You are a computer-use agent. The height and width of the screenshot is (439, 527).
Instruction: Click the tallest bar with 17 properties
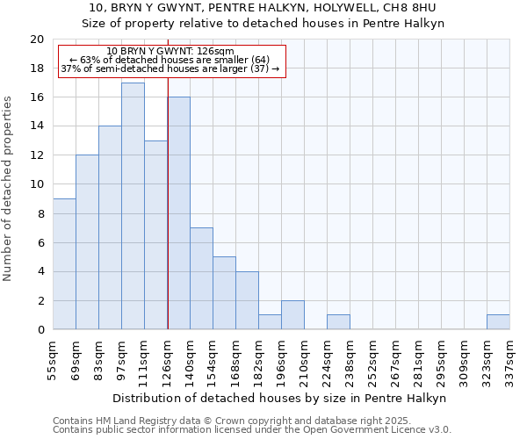pyautogui.click(x=133, y=205)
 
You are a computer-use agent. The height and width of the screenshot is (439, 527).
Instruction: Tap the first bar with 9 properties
pyautogui.click(x=64, y=263)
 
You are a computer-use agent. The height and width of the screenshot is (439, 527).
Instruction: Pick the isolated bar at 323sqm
pyautogui.click(x=498, y=321)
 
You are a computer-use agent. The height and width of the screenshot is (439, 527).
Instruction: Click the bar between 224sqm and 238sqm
pyautogui.click(x=338, y=321)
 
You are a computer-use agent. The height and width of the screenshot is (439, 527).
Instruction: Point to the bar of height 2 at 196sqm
pyautogui.click(x=292, y=314)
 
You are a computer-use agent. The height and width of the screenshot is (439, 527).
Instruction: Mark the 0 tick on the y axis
pyautogui.click(x=40, y=329)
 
